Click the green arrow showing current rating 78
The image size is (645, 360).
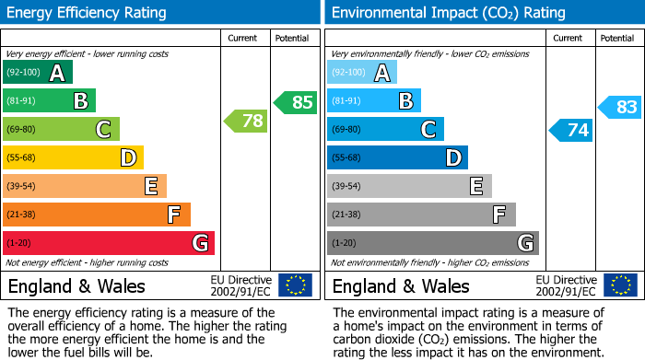(246, 121)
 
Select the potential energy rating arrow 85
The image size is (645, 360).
(296, 102)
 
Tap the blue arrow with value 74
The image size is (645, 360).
(570, 130)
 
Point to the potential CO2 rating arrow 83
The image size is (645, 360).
(620, 108)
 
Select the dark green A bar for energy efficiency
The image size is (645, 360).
(38, 73)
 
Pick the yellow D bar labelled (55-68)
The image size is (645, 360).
(73, 158)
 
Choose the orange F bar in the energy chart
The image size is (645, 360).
(97, 215)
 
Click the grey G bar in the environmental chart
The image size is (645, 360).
(432, 243)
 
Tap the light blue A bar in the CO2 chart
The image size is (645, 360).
(362, 73)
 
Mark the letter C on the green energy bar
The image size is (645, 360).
(103, 130)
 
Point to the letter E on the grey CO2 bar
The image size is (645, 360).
(476, 186)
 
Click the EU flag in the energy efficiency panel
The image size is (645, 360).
(295, 285)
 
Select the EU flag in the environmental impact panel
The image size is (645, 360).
(619, 285)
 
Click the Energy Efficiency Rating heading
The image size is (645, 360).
(88, 13)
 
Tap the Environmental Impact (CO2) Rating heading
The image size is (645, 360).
(448, 13)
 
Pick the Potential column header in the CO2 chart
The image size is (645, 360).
(616, 38)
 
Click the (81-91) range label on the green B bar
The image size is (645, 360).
(21, 101)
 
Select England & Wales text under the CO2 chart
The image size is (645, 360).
(401, 285)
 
